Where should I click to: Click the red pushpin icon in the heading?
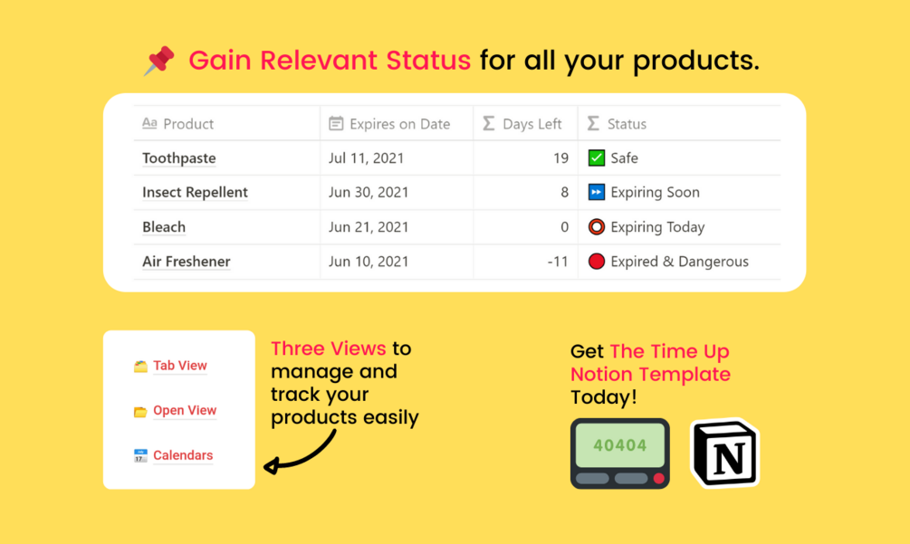[x=159, y=61]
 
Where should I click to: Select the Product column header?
[x=178, y=123]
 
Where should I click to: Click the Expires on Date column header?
[x=389, y=123]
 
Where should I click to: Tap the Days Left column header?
[x=522, y=123]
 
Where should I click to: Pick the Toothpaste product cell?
[x=178, y=157]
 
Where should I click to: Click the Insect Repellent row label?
[x=195, y=192]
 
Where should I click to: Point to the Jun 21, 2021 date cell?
[x=369, y=227]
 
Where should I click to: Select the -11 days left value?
[x=558, y=262]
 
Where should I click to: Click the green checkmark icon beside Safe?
[x=596, y=157]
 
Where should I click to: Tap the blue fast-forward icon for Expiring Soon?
[x=596, y=192]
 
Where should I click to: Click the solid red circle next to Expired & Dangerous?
[x=596, y=262]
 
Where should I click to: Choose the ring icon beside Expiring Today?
[x=596, y=227]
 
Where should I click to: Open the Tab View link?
[x=180, y=366]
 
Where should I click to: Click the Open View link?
[x=185, y=410]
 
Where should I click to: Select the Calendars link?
[x=183, y=455]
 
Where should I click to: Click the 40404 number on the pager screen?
[x=620, y=445]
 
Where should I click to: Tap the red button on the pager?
[x=658, y=479]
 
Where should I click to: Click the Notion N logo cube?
[x=725, y=453]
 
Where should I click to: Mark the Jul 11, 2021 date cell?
[x=366, y=157]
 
